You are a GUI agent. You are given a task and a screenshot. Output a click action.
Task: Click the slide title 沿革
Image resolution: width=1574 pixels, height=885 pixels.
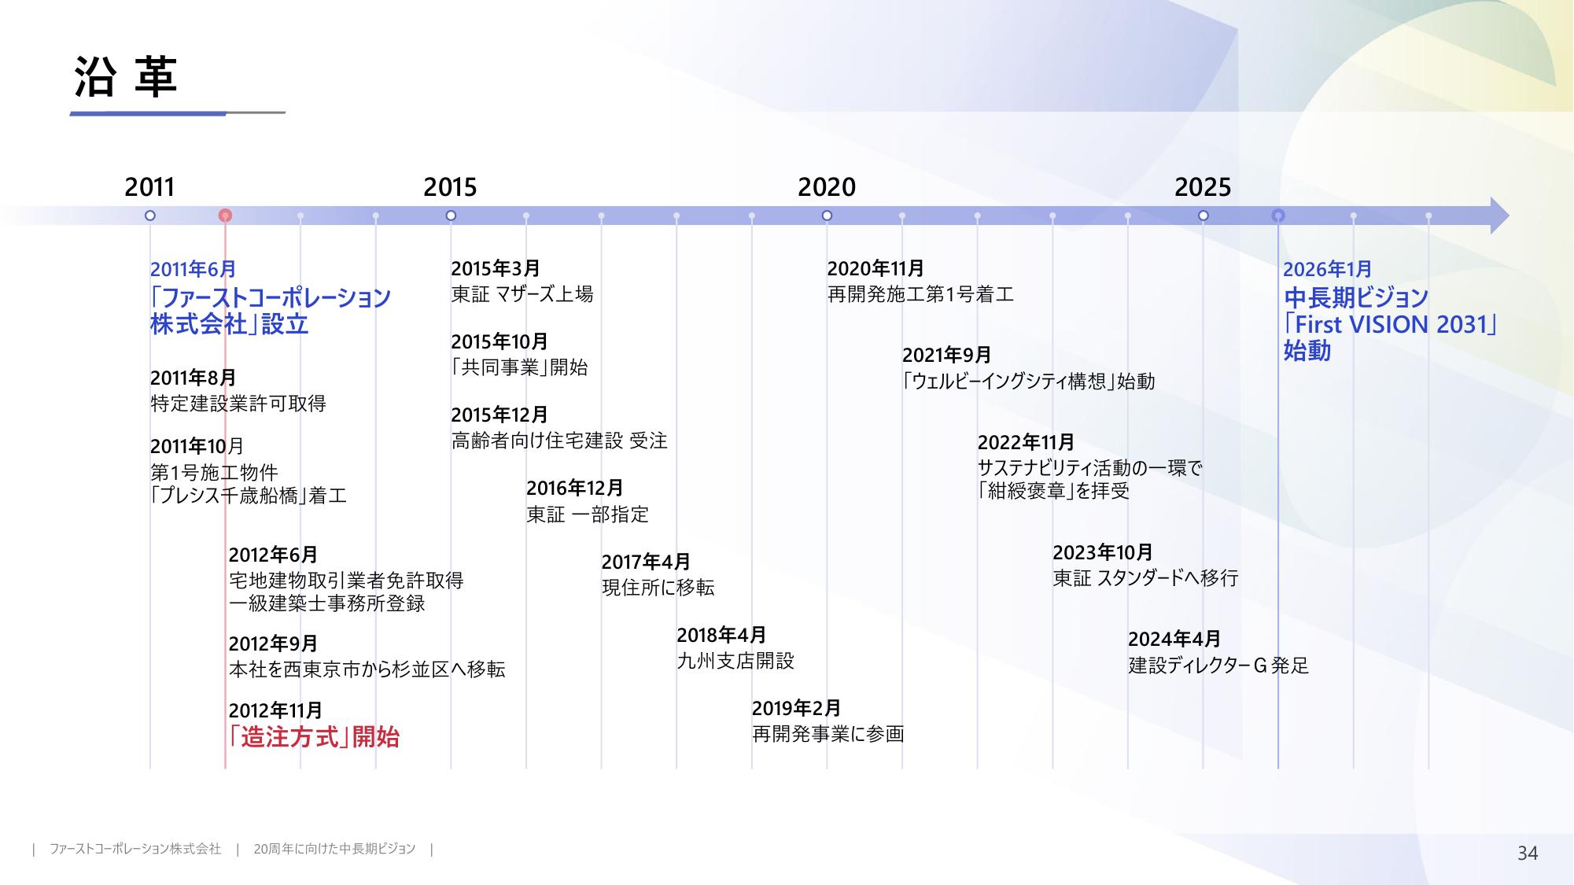click(x=126, y=77)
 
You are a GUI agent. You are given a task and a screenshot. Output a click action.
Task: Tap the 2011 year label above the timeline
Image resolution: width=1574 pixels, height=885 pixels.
click(x=149, y=187)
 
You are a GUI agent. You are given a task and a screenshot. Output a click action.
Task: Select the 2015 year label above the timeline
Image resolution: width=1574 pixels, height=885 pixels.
click(x=450, y=187)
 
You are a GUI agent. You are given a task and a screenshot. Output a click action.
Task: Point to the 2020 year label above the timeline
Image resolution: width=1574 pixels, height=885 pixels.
click(x=827, y=187)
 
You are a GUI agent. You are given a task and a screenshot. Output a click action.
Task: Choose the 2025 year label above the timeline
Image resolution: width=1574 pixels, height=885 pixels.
click(x=1203, y=187)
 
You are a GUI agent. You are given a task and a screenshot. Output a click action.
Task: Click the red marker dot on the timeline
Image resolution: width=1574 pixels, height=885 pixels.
click(x=225, y=216)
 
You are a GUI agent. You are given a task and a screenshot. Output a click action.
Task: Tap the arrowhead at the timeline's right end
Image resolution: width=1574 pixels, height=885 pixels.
click(x=1499, y=216)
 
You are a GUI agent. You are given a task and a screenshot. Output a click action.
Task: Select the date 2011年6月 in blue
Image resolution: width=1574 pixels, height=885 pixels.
click(x=193, y=269)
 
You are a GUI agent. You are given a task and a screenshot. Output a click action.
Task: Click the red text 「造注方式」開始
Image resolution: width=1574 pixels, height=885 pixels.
click(x=314, y=737)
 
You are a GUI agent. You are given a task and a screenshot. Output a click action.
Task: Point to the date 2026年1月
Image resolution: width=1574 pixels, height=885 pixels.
click(x=1327, y=269)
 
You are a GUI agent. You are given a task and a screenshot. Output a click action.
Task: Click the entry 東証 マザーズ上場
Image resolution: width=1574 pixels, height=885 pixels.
click(x=522, y=294)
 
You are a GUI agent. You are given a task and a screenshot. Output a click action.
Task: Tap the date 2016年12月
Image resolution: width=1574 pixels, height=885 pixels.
click(x=574, y=489)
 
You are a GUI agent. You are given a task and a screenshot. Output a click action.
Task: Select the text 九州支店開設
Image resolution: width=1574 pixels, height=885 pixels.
click(x=735, y=661)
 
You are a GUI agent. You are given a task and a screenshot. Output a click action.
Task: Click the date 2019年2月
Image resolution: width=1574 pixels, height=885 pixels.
click(x=796, y=708)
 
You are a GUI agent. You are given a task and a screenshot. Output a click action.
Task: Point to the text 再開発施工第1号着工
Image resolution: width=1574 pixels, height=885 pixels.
click(x=920, y=294)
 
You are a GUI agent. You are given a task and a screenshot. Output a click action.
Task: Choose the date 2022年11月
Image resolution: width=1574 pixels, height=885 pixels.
click(x=1026, y=443)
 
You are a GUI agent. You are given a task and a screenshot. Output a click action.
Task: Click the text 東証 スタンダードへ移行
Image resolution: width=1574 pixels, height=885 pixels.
click(x=1145, y=578)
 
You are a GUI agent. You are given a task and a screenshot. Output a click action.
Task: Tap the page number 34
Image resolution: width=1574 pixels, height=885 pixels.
click(x=1528, y=853)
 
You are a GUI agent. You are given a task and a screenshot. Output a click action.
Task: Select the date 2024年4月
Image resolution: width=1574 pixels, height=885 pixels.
click(x=1174, y=639)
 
